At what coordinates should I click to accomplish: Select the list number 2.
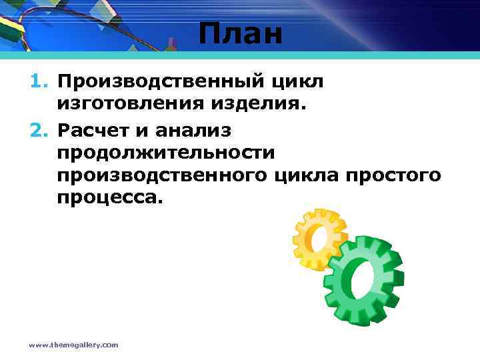[39, 127]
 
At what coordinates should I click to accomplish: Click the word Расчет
[95, 127]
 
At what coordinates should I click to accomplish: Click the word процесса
[109, 198]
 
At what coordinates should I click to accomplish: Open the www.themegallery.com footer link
[73, 345]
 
